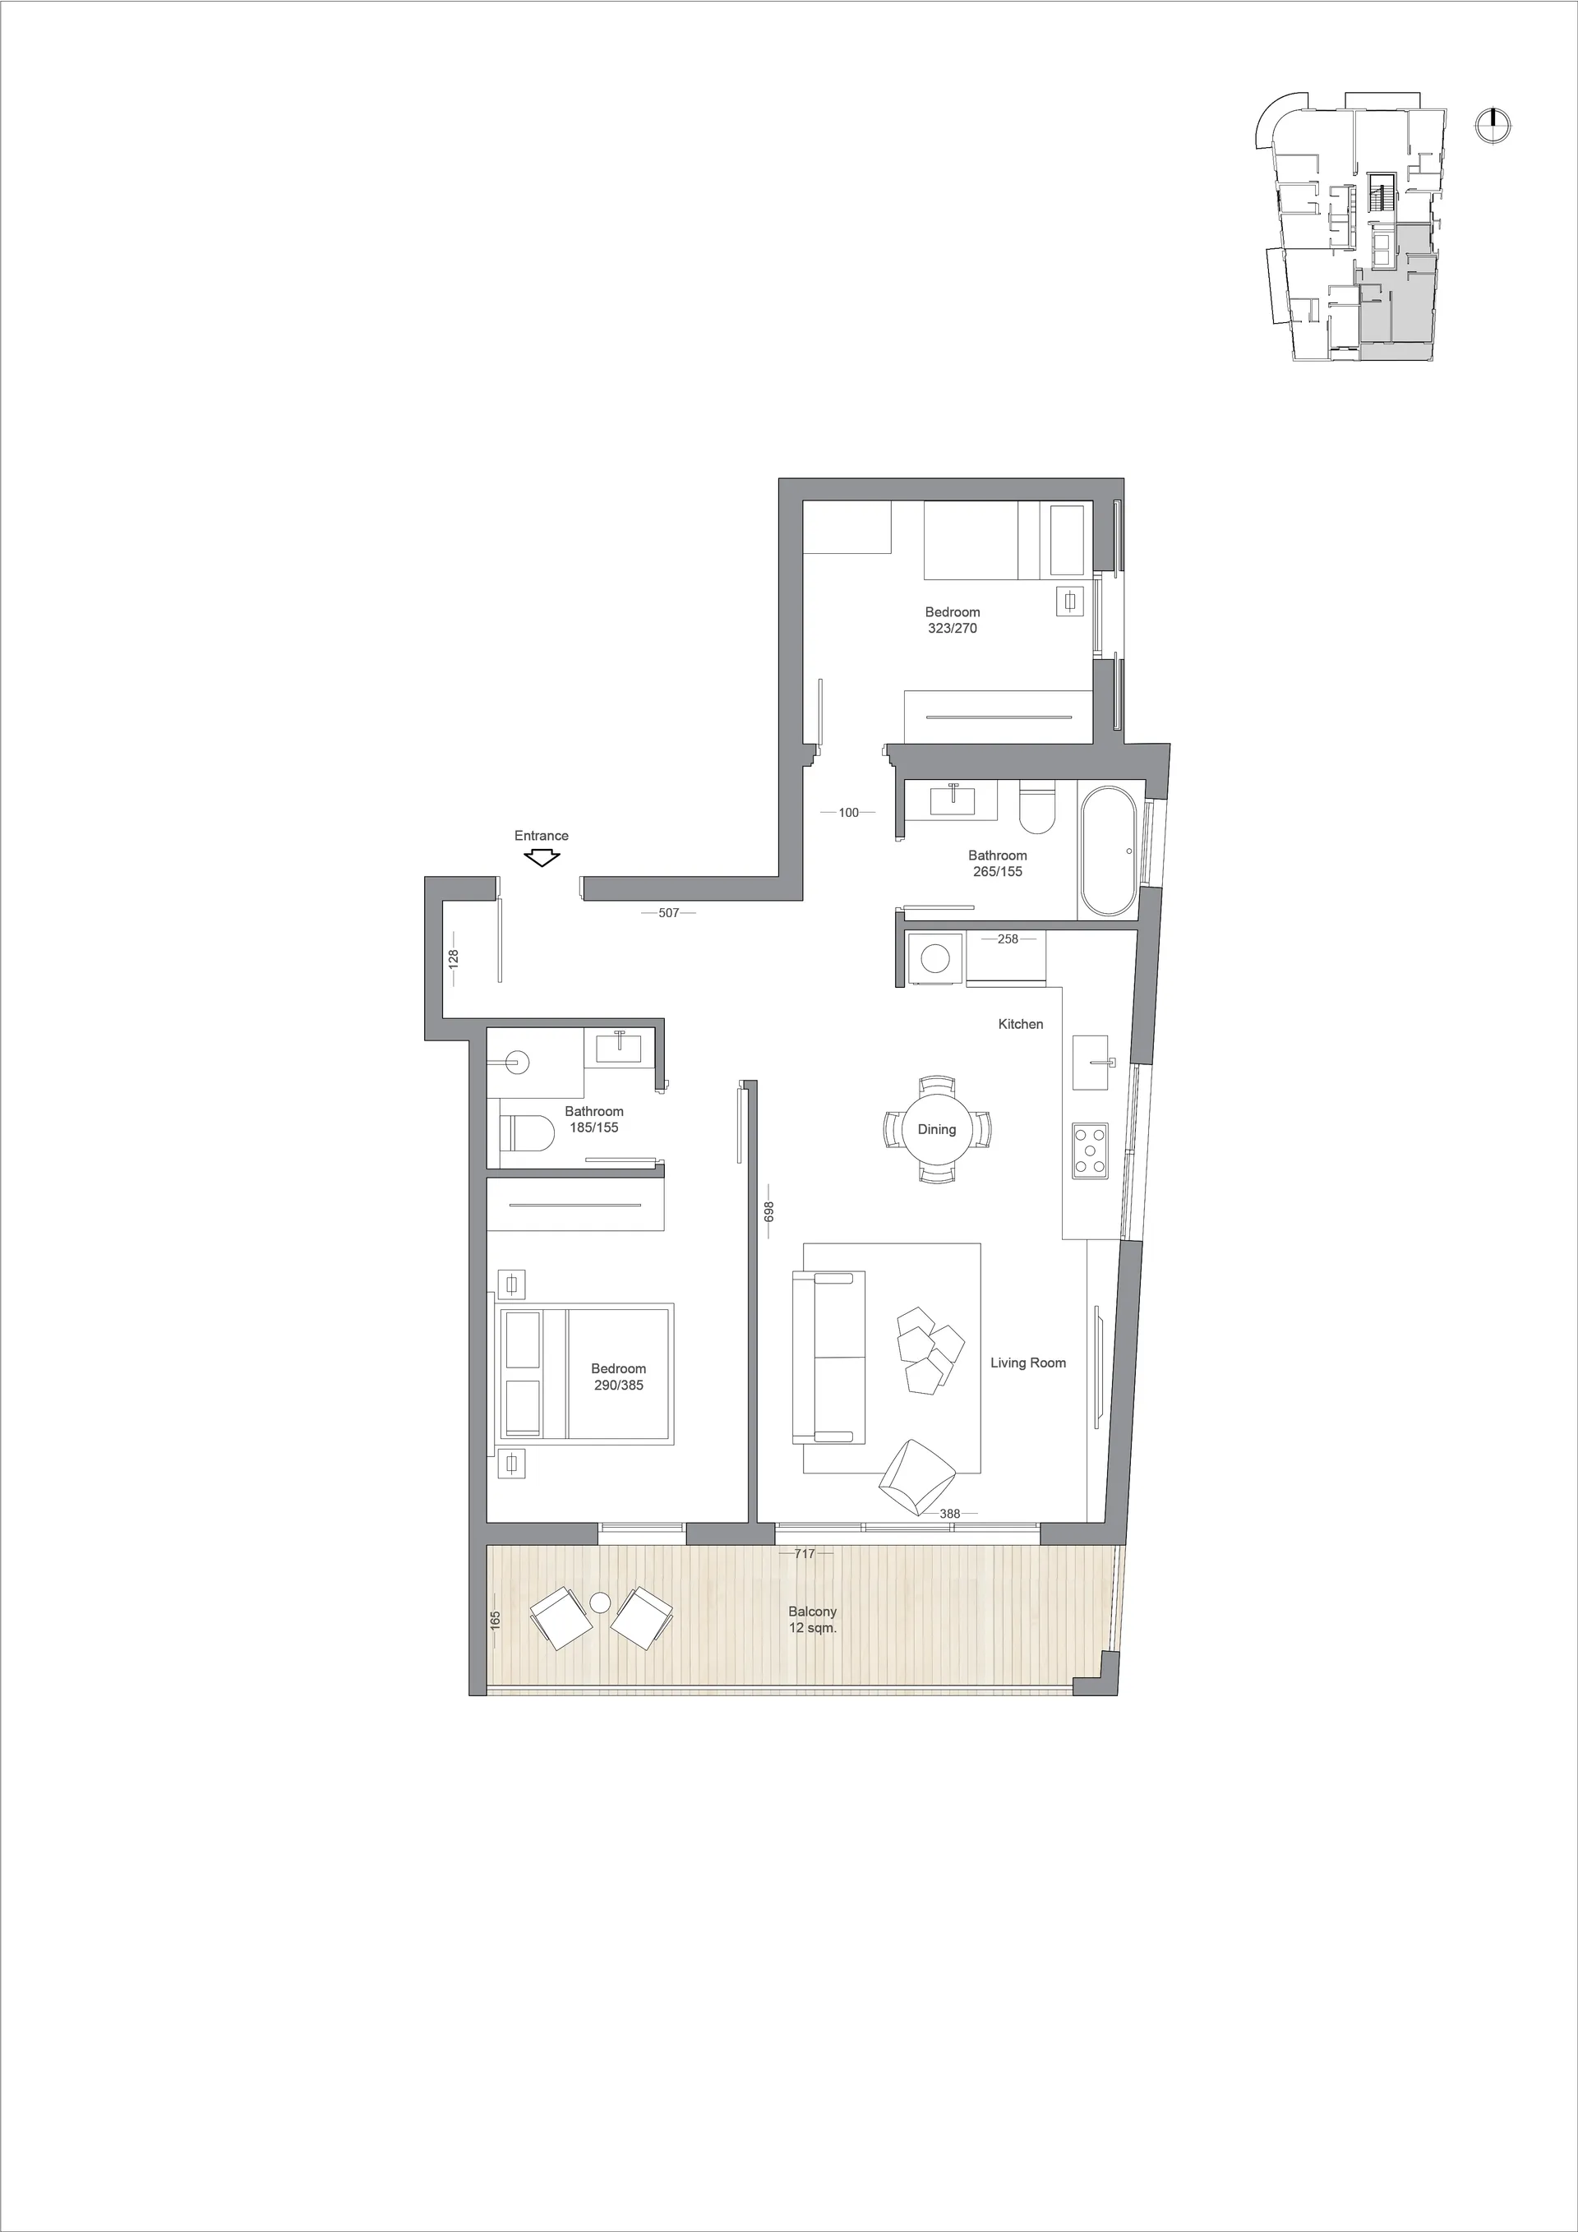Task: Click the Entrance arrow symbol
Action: [542, 859]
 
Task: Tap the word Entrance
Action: [542, 835]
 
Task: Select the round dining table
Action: [936, 1130]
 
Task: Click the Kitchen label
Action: [1021, 1024]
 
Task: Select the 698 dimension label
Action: [768, 1211]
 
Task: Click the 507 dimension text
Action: [669, 913]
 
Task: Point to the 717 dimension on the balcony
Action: [804, 1553]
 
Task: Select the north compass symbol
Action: [1491, 124]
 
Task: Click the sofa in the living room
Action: [828, 1357]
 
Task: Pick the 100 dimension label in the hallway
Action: [849, 813]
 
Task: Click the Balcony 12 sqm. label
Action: [813, 1620]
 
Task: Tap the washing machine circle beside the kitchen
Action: [935, 960]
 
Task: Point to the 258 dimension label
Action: [1008, 939]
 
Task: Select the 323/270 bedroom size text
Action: [953, 628]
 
